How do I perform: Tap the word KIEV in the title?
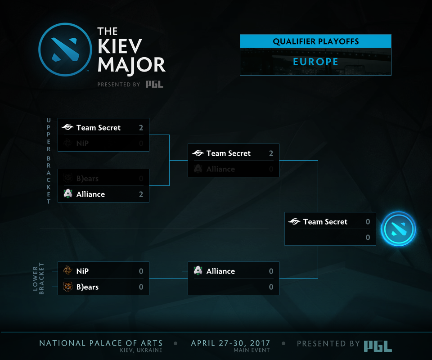click(x=120, y=47)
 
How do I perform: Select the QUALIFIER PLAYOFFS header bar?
click(x=315, y=42)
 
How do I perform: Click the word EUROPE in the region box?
click(x=315, y=62)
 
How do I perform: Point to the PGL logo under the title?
click(x=154, y=84)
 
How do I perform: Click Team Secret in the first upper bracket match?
click(x=99, y=128)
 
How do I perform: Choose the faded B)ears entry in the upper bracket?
click(x=87, y=179)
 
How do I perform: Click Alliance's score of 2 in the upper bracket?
click(x=141, y=194)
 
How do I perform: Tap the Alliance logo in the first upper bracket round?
click(x=68, y=194)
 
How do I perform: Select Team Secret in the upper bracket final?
click(x=229, y=153)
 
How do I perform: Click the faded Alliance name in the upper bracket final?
click(x=220, y=169)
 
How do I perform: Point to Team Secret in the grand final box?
click(x=325, y=222)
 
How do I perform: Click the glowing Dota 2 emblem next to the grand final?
click(x=398, y=229)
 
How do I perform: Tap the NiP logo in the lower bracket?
click(x=68, y=271)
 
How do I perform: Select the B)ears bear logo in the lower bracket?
click(x=68, y=287)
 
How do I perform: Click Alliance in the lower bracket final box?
click(x=220, y=271)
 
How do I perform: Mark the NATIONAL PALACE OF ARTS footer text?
click(x=101, y=343)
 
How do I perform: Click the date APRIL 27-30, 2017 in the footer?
click(x=230, y=343)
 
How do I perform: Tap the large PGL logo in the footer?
click(x=378, y=345)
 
